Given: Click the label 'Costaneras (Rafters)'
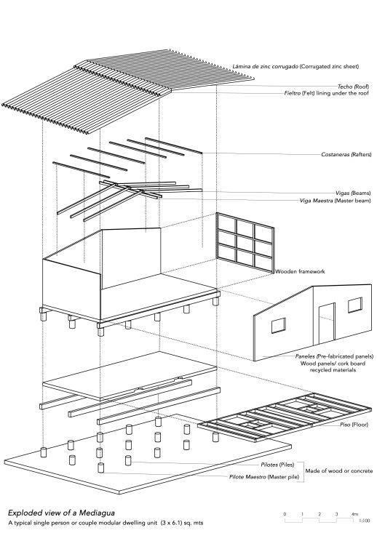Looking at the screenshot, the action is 346,154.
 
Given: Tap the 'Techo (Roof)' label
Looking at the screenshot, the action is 353,87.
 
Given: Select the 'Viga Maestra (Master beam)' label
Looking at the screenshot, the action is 335,201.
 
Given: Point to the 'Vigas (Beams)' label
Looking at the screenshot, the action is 353,193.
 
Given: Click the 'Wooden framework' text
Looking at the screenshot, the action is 300,271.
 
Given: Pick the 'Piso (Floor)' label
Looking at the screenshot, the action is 354,425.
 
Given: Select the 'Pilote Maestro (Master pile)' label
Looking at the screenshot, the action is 264,477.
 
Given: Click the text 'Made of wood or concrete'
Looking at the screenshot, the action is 339,470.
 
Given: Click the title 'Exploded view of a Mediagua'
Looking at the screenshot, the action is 61,513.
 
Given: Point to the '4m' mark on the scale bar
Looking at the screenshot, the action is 354,514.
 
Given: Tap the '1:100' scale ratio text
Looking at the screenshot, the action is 364,521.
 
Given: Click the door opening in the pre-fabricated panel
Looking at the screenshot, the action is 327,324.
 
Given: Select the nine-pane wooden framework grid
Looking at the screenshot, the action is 245,243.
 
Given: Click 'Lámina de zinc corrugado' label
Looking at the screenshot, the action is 266,67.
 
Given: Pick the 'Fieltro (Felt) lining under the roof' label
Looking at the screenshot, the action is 326,93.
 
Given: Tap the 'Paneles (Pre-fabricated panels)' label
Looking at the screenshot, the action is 334,356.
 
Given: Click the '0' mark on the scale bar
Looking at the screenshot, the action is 285,514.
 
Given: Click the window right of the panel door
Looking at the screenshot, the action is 355,305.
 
